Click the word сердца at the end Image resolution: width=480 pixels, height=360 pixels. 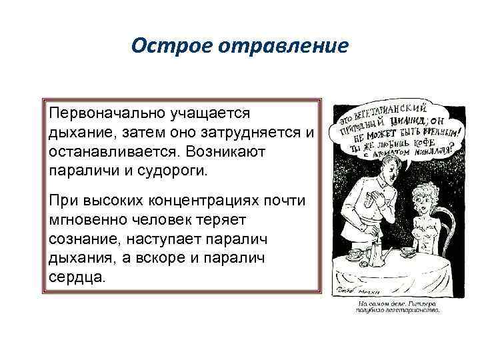(x=75, y=275)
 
